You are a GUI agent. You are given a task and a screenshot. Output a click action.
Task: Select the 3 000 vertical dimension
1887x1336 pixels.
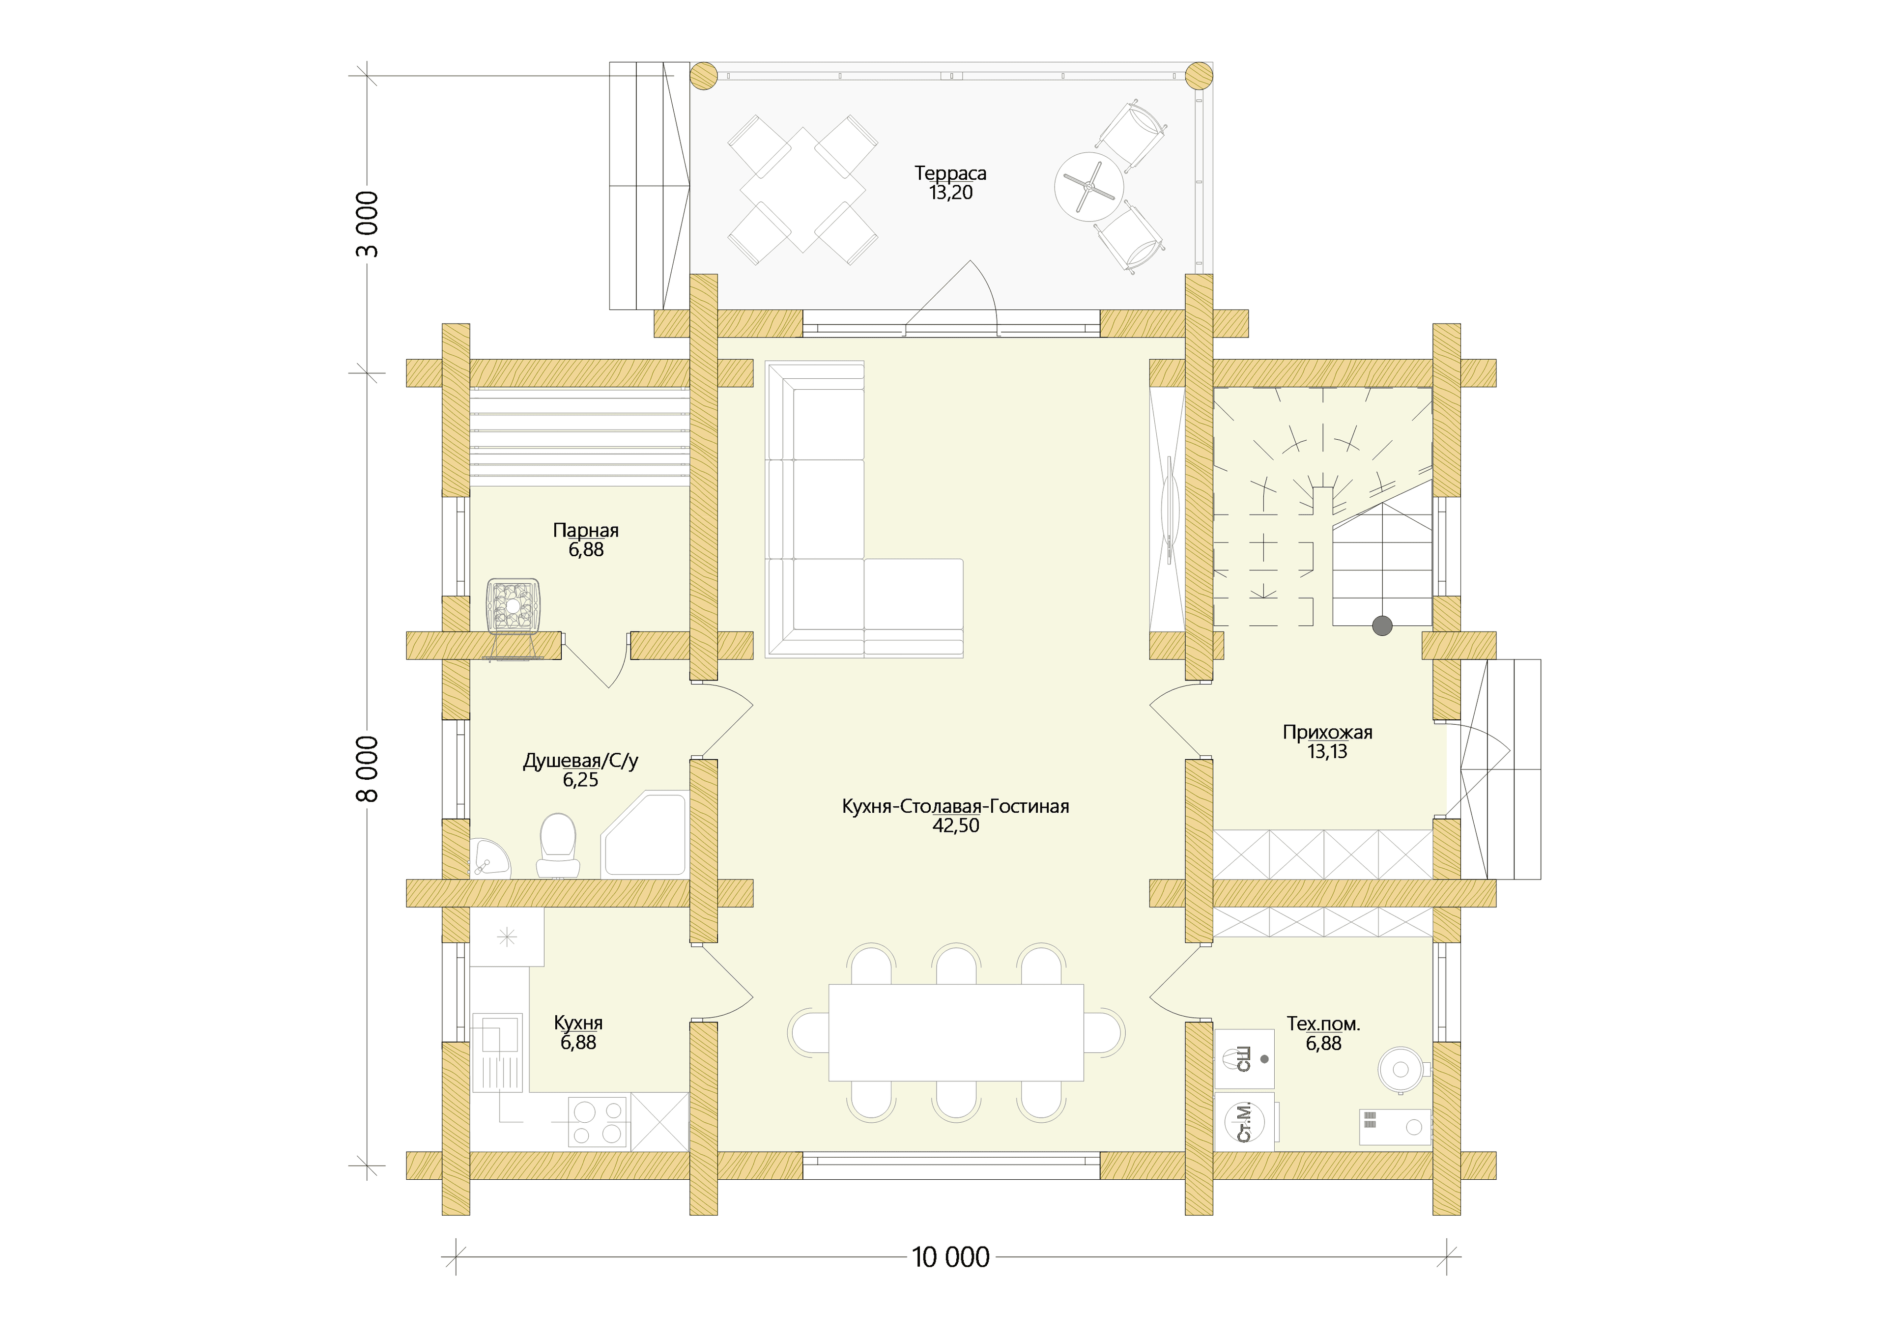point(368,224)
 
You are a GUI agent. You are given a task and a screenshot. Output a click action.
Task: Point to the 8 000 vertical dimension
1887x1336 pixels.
point(368,768)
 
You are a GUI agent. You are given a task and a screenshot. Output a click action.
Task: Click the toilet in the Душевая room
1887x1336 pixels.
point(558,846)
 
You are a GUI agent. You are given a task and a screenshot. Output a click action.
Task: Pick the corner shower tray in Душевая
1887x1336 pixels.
point(645,835)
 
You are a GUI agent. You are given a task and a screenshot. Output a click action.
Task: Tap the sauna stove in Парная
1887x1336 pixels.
point(514,607)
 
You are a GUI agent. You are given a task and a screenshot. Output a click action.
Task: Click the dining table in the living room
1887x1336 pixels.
point(956,1032)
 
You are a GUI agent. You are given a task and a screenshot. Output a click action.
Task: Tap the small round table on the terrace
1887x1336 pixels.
point(1089,186)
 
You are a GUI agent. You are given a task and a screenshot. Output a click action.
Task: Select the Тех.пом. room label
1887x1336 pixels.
point(1323,1024)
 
